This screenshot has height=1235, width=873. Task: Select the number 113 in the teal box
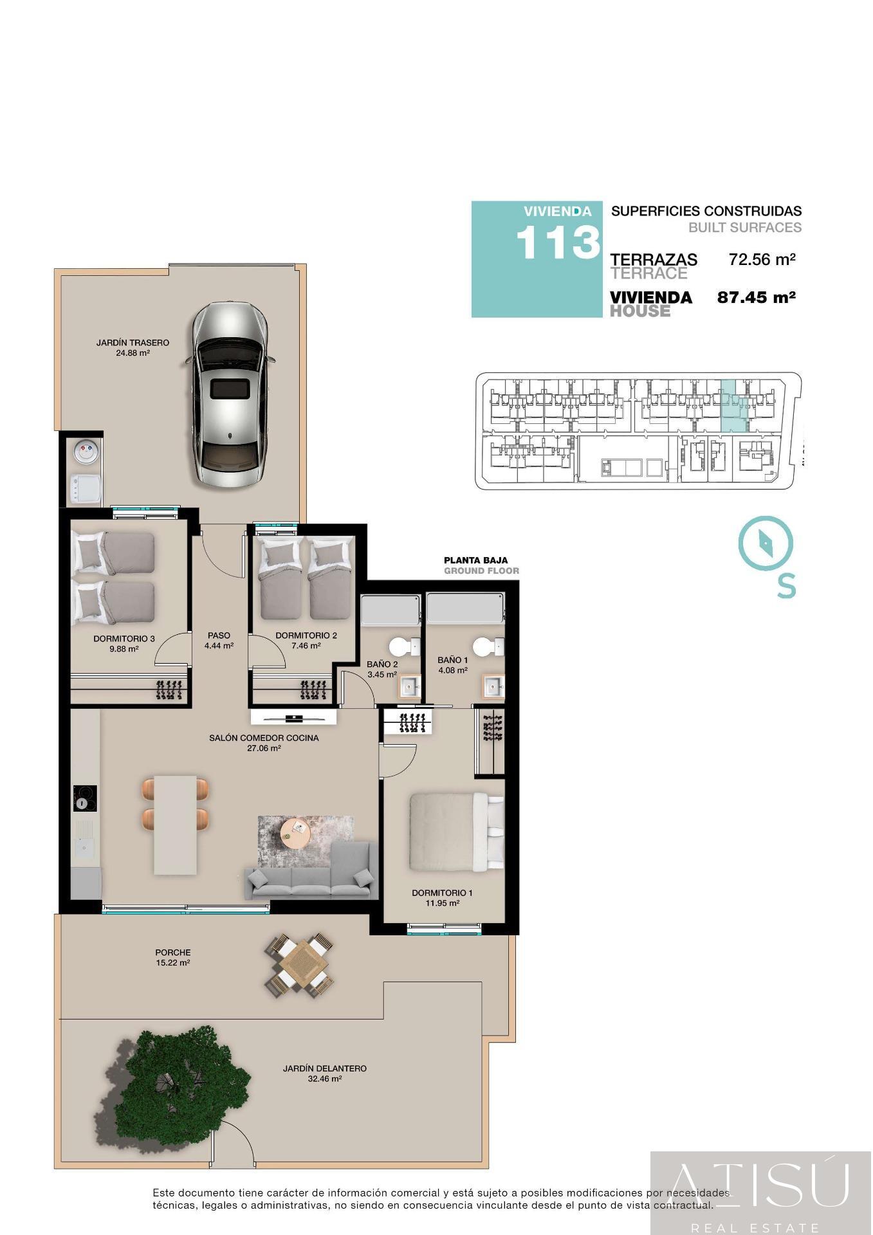pyautogui.click(x=557, y=243)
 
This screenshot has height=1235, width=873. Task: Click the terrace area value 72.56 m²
pyautogui.click(x=762, y=260)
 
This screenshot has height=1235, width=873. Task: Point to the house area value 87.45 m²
pyautogui.click(x=756, y=297)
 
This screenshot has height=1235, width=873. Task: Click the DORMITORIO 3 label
pyautogui.click(x=124, y=639)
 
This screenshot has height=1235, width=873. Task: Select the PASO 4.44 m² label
pyautogui.click(x=219, y=641)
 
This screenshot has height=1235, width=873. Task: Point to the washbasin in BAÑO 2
pyautogui.click(x=410, y=687)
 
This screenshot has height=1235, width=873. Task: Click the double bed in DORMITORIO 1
pyautogui.click(x=456, y=831)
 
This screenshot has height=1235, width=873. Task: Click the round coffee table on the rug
pyautogui.click(x=296, y=833)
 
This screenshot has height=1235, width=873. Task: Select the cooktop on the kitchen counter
pyautogui.click(x=84, y=798)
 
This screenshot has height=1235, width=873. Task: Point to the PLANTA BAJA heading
pyautogui.click(x=475, y=560)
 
